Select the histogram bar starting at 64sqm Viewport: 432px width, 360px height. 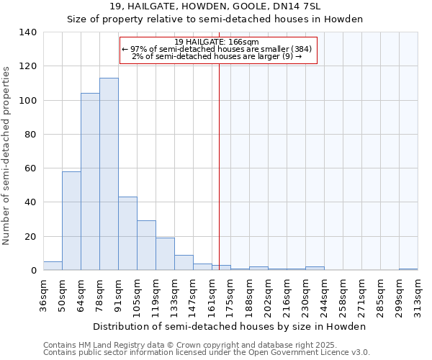tap(90, 181)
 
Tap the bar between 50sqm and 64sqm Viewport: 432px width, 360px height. tap(71, 221)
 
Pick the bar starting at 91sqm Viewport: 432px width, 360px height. tap(127, 233)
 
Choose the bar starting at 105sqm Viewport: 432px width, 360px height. tap(146, 246)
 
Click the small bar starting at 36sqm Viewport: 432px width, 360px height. tap(53, 266)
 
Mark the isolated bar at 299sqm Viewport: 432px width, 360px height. tap(408, 269)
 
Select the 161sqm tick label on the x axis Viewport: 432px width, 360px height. tap(212, 295)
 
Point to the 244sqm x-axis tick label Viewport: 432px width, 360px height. tap(324, 295)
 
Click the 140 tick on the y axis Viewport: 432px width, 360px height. tap(28, 32)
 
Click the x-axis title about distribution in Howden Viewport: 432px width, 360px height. tap(230, 326)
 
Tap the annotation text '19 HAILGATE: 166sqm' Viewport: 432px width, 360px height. tap(217, 42)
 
